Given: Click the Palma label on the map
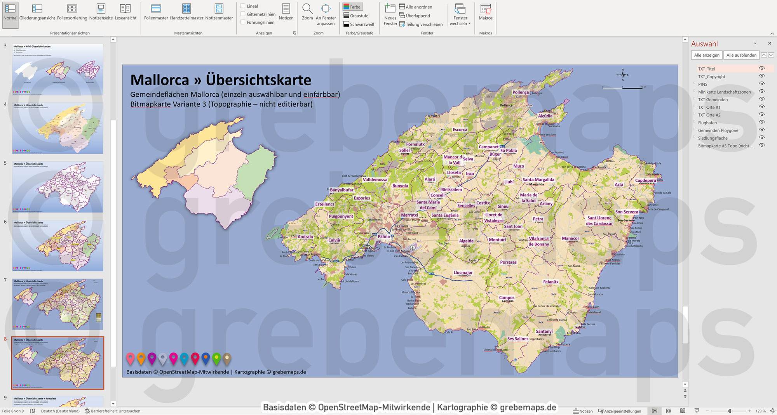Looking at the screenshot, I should click(383, 236).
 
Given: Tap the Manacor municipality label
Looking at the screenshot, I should click(570, 238).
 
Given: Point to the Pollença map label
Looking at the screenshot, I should click(520, 92).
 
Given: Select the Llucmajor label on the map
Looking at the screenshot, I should click(463, 273).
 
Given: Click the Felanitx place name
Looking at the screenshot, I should click(551, 282).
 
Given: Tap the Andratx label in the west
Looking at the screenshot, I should click(305, 237).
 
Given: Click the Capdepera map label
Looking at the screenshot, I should click(645, 181).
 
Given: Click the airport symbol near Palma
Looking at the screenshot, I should click(413, 248).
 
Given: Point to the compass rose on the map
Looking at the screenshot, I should click(622, 75).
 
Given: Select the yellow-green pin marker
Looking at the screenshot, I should click(216, 358).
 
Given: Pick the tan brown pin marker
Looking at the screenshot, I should click(227, 358).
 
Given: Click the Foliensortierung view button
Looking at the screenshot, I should click(72, 12).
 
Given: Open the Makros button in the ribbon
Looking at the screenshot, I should click(485, 12).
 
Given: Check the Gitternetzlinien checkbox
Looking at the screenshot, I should click(243, 14).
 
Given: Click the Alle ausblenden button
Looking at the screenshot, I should click(741, 55).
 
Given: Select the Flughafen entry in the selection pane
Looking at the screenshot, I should click(707, 123).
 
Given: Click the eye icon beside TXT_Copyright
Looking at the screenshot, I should click(761, 76).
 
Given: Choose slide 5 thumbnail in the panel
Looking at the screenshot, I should click(57, 187).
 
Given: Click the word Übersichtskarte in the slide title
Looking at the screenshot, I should click(258, 80).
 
